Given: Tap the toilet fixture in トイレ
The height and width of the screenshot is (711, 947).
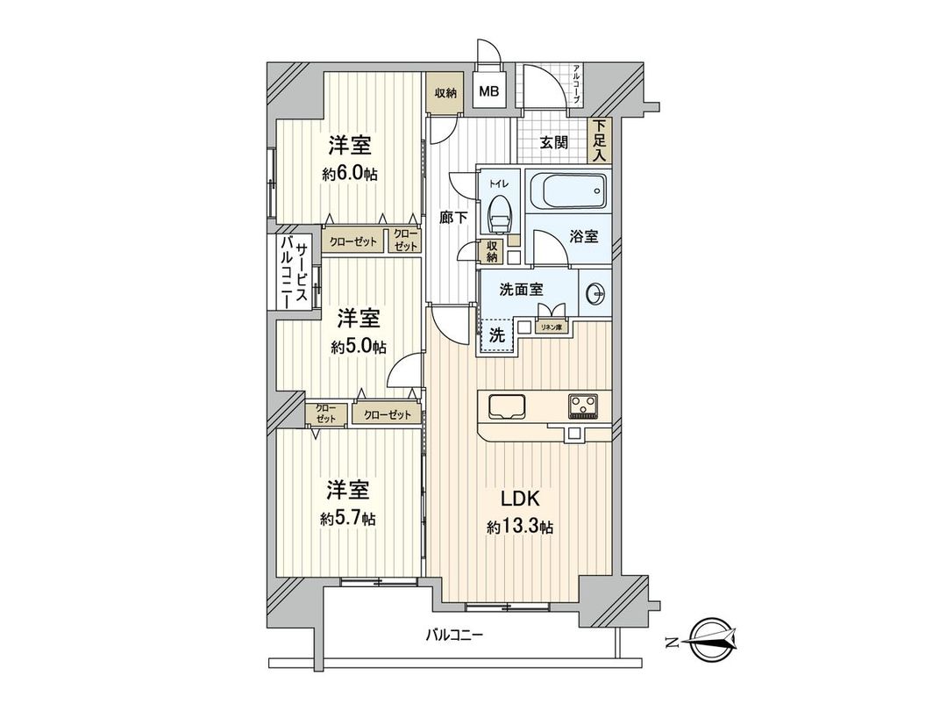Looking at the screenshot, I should tap(499, 209).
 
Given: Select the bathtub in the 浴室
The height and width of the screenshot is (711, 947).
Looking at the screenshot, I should tap(569, 189).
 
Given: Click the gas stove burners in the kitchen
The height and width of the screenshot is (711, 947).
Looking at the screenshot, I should tap(582, 405).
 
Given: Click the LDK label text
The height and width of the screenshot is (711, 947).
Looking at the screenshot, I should tap(520, 499).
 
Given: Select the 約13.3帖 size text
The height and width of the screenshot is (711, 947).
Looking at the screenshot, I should tap(521, 528).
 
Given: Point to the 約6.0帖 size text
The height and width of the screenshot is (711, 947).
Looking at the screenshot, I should tap(350, 174).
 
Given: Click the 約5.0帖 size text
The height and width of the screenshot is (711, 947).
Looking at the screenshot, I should tap(359, 346).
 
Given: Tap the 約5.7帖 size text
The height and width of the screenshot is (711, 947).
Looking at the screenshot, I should tap(348, 519).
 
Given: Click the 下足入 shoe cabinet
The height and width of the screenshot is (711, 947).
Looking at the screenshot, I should tap(600, 140).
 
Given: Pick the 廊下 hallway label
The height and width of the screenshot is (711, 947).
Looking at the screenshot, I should tap(452, 217).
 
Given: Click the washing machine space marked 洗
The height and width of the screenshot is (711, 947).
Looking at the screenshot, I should tap(496, 334).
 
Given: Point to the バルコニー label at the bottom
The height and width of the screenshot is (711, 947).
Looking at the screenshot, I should tap(455, 634).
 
